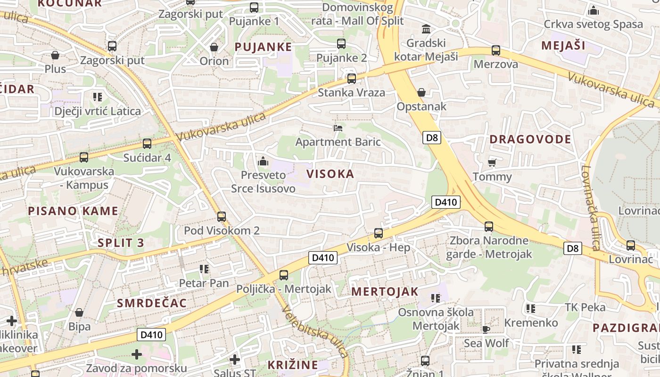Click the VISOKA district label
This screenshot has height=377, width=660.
coord(330,174)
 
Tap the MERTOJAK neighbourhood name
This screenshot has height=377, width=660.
coord(385,292)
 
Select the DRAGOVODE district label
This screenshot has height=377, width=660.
coord(530,139)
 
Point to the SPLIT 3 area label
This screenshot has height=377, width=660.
coord(120,243)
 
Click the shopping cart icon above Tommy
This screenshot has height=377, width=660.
coord(492,163)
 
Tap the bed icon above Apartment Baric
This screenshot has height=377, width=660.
coord(338,128)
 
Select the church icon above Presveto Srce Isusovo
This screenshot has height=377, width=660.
coord(263,162)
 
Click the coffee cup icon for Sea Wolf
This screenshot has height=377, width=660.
coord(486,329)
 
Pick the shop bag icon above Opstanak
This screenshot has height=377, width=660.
coord(421,93)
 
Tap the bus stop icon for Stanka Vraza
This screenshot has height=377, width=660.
coord(351,79)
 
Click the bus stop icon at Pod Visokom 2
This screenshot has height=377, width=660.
coord(221,217)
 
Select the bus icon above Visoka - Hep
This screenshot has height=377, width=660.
coord(378,233)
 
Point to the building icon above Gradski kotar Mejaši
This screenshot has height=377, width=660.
coord(426,29)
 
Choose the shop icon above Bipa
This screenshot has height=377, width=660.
coord(79,312)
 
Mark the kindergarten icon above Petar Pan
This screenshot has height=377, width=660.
coord(204,269)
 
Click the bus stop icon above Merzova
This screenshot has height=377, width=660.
coord(495,50)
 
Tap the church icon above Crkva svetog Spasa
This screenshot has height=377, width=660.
coord(593,10)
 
